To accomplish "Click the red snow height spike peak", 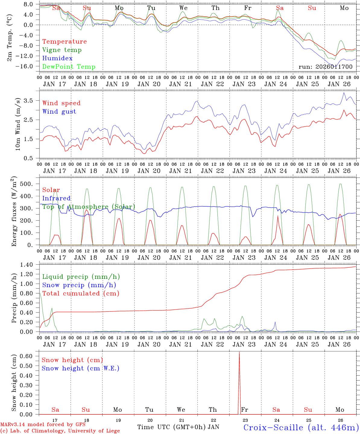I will (x=239, y=352).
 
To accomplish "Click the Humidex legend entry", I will (x=57, y=58).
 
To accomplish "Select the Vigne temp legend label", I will (x=62, y=50).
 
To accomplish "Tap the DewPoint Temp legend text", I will (x=69, y=67).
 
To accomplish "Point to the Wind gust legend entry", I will (x=59, y=112).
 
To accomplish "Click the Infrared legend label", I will (x=56, y=198).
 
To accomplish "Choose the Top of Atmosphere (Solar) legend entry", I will (x=89, y=207).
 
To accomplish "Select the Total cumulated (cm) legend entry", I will (x=81, y=294).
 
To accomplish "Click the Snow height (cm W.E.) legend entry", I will (x=81, y=368).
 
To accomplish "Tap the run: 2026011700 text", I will (x=325, y=67).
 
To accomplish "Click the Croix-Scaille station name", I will (x=301, y=427).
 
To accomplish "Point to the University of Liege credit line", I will (x=60, y=431).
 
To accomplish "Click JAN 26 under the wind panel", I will (x=339, y=171).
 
